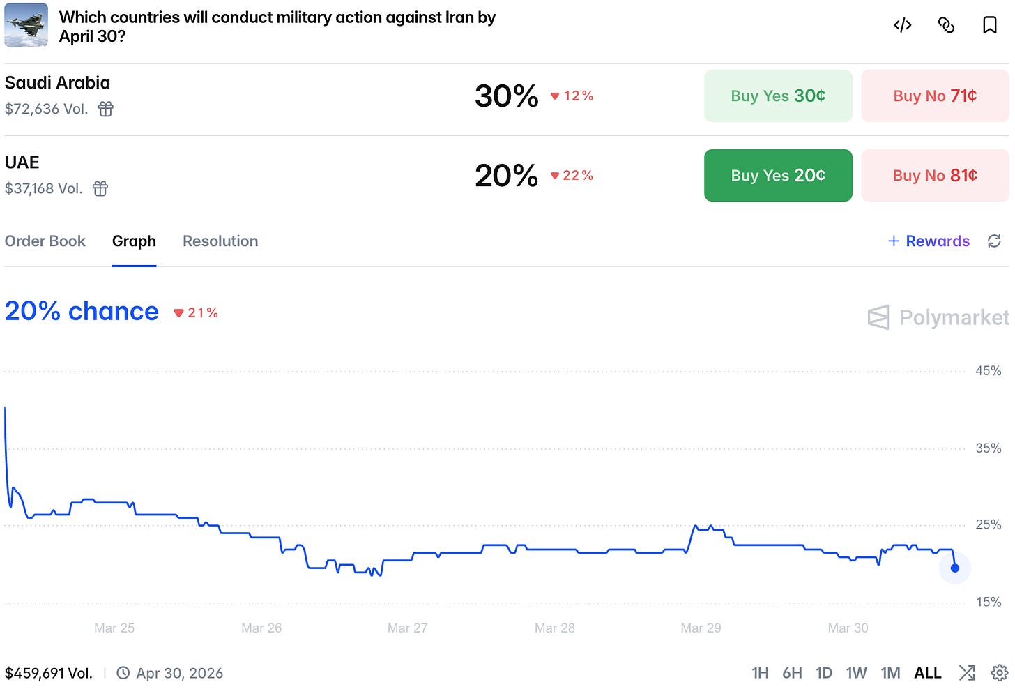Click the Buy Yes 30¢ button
pos(777,96)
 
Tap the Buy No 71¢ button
pos(935,96)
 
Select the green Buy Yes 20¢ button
pos(777,176)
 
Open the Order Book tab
pos(45,241)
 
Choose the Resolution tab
pos(220,241)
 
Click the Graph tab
pos(134,241)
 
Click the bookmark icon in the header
pos(990,25)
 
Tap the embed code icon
pos(902,25)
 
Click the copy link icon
pos(946,25)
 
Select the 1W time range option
pos(856,673)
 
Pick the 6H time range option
pos(792,673)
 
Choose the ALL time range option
pos(928,673)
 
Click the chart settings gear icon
pos(999,673)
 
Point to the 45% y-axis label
pos(989,371)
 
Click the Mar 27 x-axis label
pos(407,628)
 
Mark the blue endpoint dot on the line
pos(955,568)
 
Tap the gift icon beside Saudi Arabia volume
pos(105,109)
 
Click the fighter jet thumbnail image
pos(26,25)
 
